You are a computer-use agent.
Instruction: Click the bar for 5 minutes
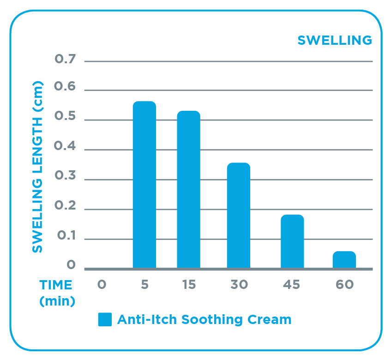pyautogui.click(x=144, y=185)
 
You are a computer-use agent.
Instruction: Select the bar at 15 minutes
pyautogui.click(x=188, y=190)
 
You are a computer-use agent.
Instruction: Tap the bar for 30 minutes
pyautogui.click(x=239, y=216)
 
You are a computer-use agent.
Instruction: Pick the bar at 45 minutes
pyautogui.click(x=292, y=241)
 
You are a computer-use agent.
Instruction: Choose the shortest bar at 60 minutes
pyautogui.click(x=344, y=260)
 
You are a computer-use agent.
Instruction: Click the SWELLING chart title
pyautogui.click(x=335, y=41)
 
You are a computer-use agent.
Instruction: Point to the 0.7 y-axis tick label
pyautogui.click(x=65, y=60)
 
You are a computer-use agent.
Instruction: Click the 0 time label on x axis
pyautogui.click(x=102, y=285)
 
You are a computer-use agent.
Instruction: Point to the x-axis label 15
pyautogui.click(x=188, y=285)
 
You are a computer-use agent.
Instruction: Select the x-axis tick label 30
pyautogui.click(x=239, y=285)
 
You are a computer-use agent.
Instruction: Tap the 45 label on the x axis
pyautogui.click(x=292, y=285)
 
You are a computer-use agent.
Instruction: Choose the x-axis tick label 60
pyautogui.click(x=344, y=285)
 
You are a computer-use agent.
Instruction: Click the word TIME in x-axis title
pyautogui.click(x=55, y=285)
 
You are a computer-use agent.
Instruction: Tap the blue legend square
pyautogui.click(x=105, y=319)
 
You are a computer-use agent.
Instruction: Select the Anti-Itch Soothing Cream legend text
pyautogui.click(x=204, y=319)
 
